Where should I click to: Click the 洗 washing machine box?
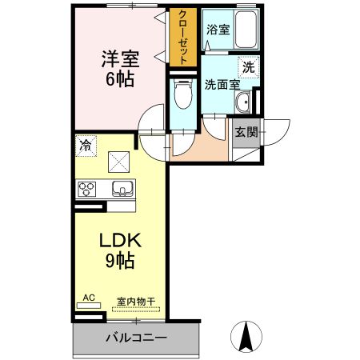(x=249, y=69)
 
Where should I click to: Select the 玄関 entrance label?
(x=246, y=133)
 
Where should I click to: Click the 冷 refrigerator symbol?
(x=85, y=146)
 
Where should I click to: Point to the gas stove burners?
(x=86, y=190)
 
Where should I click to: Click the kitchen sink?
(x=123, y=190)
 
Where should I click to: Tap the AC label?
(x=89, y=298)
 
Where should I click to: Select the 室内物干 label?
(x=136, y=302)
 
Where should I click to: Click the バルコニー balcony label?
(x=136, y=338)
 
